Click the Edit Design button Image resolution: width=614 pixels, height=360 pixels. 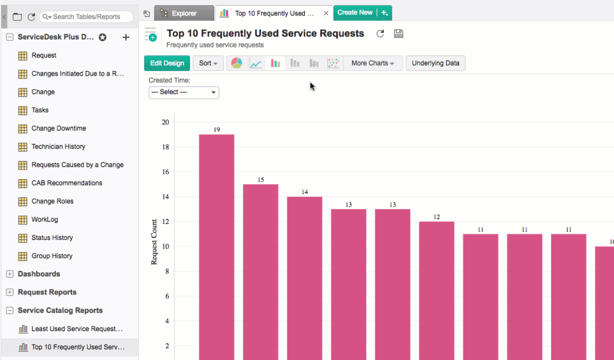click(167, 63)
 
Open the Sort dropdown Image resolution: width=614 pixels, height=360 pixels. click(208, 63)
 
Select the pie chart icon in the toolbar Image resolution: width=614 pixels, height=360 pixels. click(237, 63)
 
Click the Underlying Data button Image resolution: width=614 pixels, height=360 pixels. click(435, 63)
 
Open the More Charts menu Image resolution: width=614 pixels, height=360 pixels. click(373, 63)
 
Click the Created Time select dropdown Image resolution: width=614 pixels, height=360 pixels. click(184, 92)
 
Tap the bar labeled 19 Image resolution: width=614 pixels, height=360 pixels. click(216, 245)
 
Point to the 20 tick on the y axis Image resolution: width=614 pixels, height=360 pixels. click(165, 122)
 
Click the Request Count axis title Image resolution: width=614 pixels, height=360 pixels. click(154, 242)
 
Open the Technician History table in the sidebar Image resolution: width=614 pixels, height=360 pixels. click(58, 147)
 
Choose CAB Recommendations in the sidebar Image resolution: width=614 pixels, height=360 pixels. click(67, 183)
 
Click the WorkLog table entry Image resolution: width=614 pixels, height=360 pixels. click(45, 219)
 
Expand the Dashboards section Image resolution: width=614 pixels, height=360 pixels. click(10, 274)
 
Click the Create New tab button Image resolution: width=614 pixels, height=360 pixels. click(355, 12)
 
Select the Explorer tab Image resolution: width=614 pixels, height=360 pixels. click(184, 13)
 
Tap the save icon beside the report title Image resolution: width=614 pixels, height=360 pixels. click(398, 34)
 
